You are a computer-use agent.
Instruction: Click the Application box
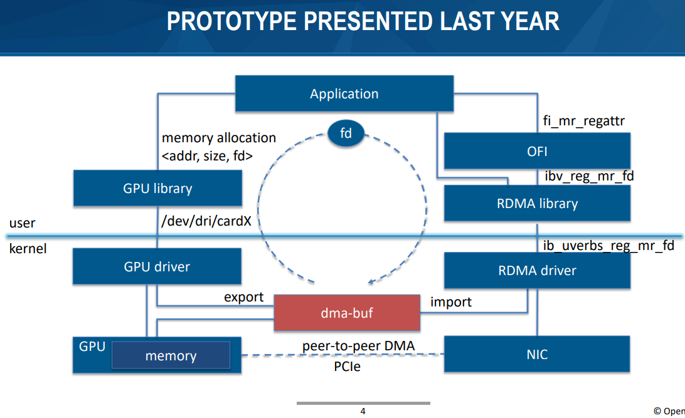(344, 93)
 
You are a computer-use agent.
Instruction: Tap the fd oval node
(346, 133)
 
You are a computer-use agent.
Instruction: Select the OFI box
(537, 151)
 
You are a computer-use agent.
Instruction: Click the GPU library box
(157, 188)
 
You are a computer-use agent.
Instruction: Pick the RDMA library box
(537, 203)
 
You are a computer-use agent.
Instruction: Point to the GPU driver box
(157, 266)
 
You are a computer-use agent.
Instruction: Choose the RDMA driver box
(537, 271)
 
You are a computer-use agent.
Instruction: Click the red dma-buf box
(347, 313)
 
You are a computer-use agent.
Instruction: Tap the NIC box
(537, 354)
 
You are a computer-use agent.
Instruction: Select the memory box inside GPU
(171, 355)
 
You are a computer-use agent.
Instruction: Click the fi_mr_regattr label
(583, 120)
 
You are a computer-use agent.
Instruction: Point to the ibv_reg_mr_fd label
(589, 176)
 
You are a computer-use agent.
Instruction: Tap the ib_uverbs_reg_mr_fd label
(608, 246)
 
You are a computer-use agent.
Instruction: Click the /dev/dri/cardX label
(206, 221)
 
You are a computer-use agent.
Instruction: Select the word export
(244, 297)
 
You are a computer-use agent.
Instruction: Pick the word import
(451, 302)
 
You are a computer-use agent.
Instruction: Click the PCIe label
(348, 367)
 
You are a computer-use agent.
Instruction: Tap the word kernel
(28, 249)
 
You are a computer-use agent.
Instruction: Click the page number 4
(363, 411)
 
